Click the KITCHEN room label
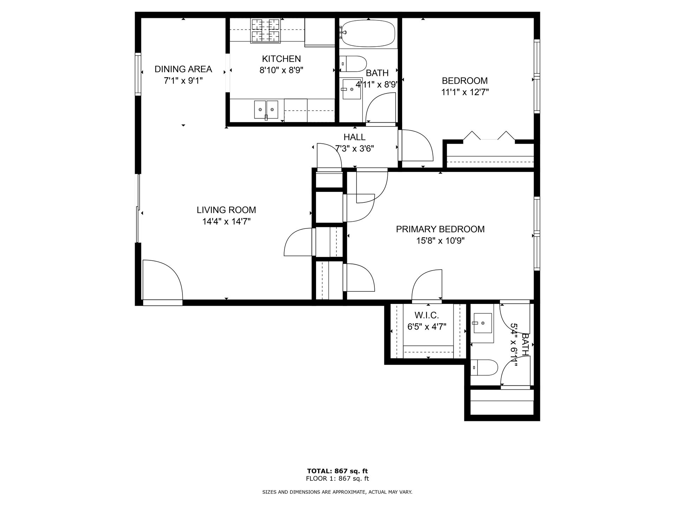[281, 59]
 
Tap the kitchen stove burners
[266, 31]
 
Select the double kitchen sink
[266, 109]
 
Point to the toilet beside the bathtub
[354, 64]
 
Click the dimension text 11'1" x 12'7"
[465, 92]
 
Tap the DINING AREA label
[183, 69]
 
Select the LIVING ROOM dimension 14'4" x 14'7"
[226, 221]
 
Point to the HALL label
[354, 137]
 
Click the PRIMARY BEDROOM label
[440, 229]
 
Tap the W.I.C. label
[427, 315]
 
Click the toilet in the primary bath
[484, 368]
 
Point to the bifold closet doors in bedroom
[489, 136]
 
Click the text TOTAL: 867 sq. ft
[337, 471]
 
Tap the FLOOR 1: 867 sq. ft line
[337, 479]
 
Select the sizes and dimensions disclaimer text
[337, 492]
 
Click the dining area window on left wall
[138, 74]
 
